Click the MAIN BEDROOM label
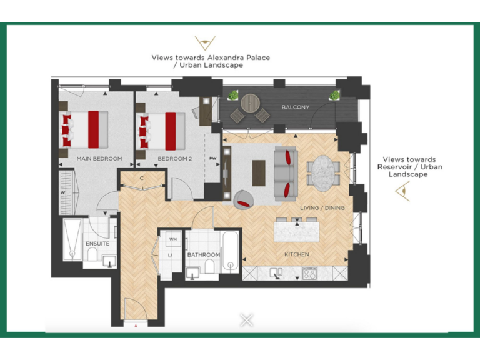point(99,159)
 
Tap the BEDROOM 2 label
point(174,159)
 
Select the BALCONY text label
point(295,107)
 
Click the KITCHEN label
point(297,254)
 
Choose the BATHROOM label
point(203,255)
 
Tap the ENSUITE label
point(97,244)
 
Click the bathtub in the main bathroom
point(230,252)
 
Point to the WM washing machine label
point(172,240)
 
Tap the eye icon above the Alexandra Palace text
point(202,44)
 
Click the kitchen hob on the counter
point(309,273)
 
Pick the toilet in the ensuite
point(92,255)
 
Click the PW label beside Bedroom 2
point(213,159)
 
